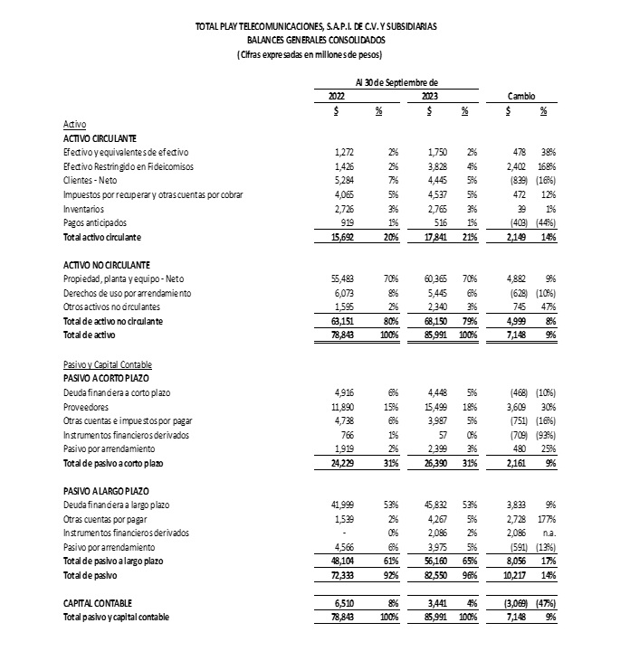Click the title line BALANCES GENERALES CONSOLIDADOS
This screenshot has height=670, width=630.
pyautogui.click(x=316, y=40)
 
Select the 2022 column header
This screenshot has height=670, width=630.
pyautogui.click(x=335, y=96)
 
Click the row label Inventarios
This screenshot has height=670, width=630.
pyautogui.click(x=84, y=209)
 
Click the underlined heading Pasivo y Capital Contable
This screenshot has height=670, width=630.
pyautogui.click(x=106, y=363)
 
